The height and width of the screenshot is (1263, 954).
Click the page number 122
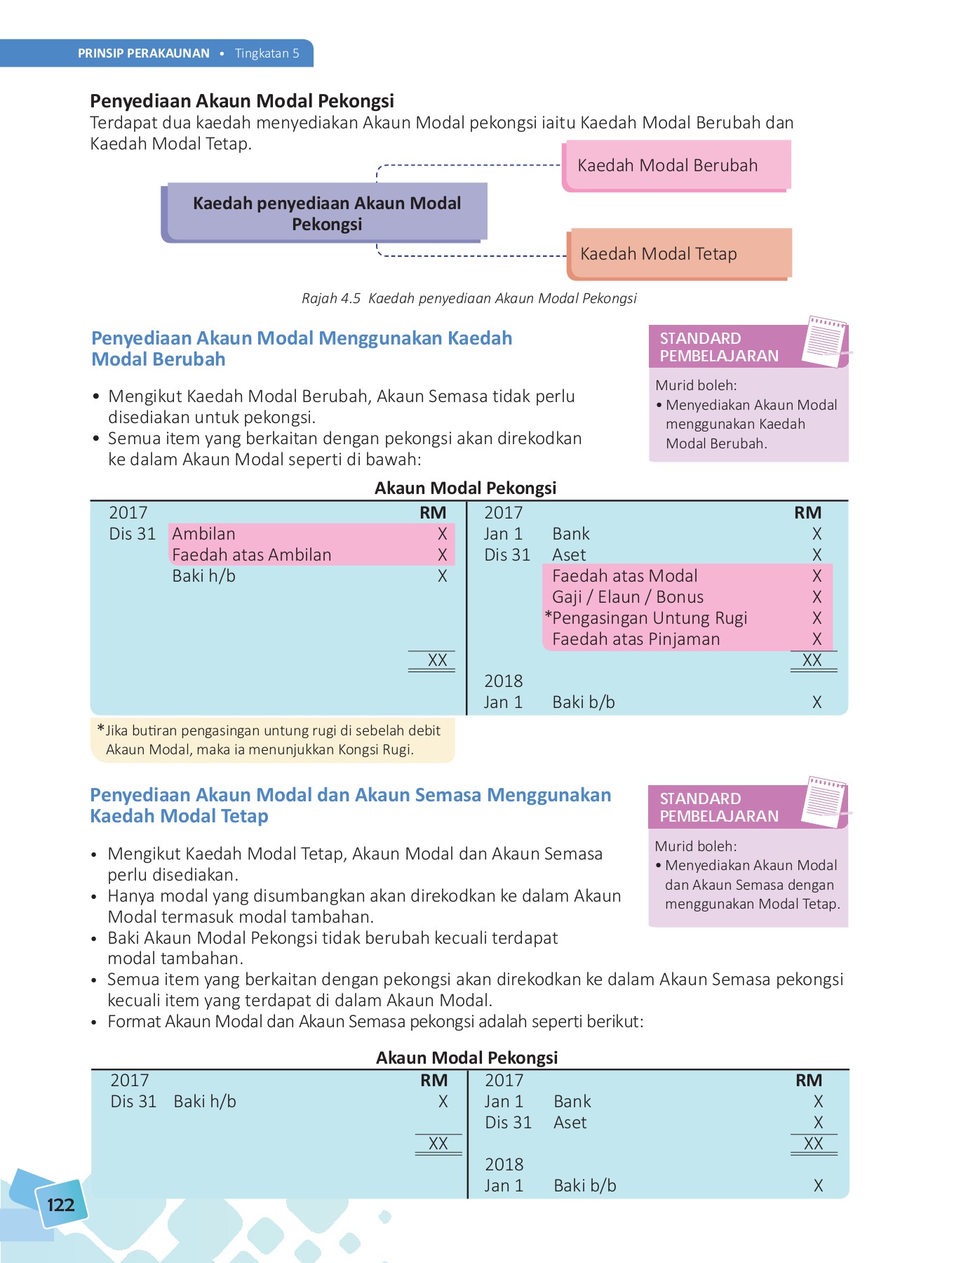pos(60,1205)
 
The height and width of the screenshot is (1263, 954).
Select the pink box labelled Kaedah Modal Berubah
pos(676,166)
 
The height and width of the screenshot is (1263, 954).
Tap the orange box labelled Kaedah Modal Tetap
pos(678,253)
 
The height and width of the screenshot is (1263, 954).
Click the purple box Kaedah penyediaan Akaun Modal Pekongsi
pos(326,213)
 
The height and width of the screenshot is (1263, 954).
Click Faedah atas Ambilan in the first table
pos(251,555)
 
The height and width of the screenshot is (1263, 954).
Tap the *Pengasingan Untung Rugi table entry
pos(647,618)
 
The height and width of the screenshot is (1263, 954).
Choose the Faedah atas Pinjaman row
pos(636,639)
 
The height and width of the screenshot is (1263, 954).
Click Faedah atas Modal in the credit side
pos(624,576)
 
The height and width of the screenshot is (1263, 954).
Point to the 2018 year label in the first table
pos(503,681)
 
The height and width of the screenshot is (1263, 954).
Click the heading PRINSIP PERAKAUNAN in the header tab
pos(144,53)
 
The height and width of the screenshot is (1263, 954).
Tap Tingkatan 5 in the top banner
pos(267,53)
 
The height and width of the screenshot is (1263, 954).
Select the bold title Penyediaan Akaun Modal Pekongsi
pos(242,101)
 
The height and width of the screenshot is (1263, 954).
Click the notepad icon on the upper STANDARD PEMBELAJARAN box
pos(825,341)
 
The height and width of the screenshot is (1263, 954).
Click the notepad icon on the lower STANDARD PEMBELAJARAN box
pos(825,801)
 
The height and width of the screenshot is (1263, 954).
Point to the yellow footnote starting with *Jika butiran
pos(272,740)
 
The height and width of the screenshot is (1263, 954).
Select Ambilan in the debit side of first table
pos(203,534)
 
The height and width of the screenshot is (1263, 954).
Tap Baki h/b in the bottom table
pos(205,1102)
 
